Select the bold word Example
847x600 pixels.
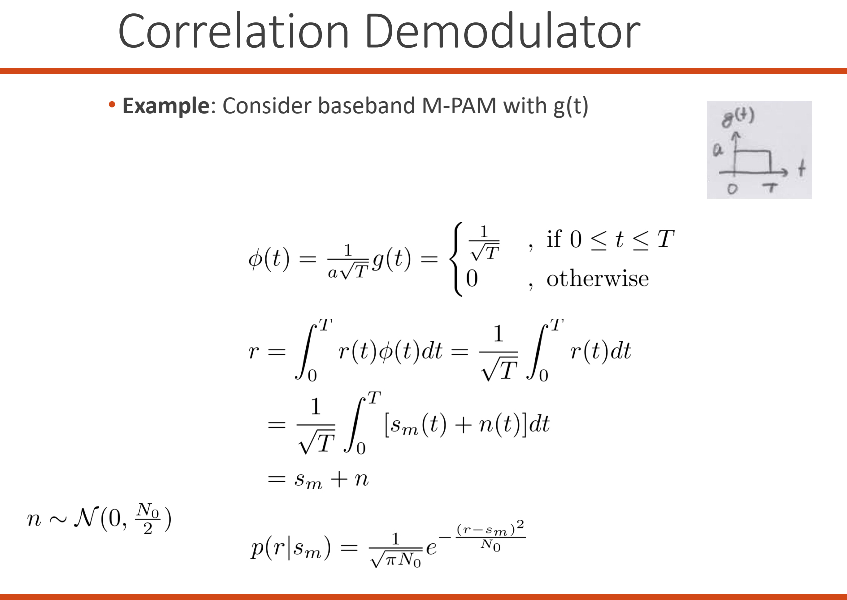[x=166, y=106]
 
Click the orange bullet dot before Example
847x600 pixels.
[x=112, y=105]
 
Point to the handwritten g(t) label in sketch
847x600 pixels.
[x=738, y=118]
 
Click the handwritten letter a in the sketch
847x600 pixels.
[x=718, y=149]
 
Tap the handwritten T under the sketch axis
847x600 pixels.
[x=770, y=188]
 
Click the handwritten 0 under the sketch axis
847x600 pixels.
[x=733, y=189]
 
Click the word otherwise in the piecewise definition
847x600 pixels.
[x=598, y=279]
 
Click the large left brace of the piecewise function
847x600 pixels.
[x=457, y=259]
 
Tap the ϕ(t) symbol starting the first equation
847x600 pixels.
[x=268, y=259]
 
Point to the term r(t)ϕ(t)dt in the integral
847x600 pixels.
[x=390, y=351]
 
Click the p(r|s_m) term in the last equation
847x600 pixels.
[x=291, y=547]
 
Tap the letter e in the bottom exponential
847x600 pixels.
[x=431, y=547]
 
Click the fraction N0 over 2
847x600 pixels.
[x=148, y=519]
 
